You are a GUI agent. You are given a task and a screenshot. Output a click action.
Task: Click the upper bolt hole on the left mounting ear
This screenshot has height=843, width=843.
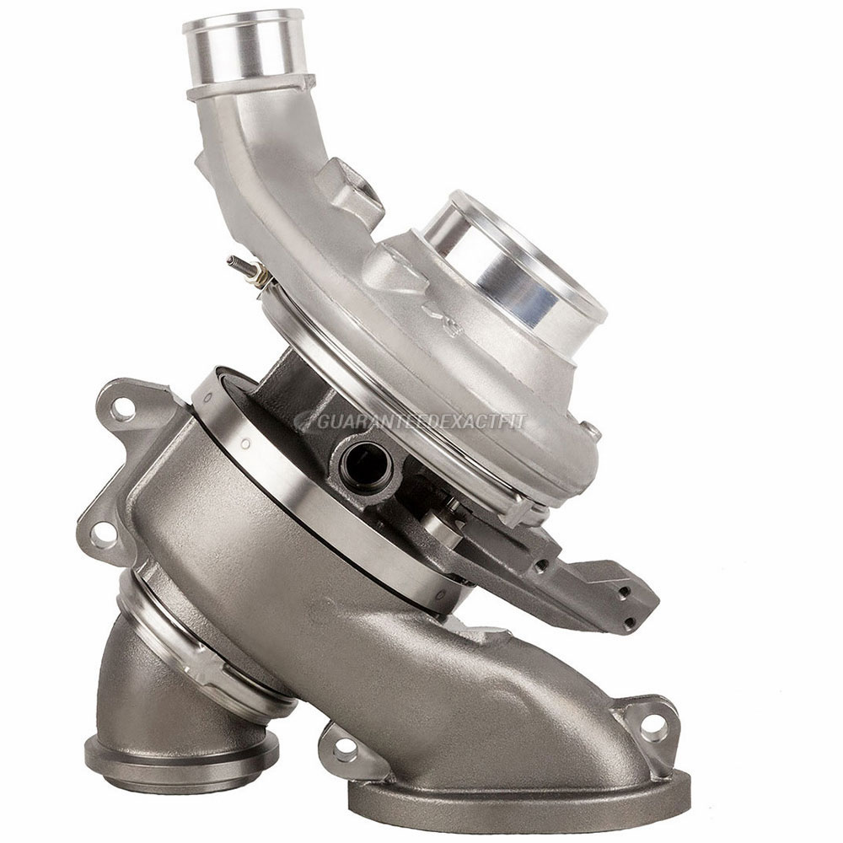(x=123, y=412)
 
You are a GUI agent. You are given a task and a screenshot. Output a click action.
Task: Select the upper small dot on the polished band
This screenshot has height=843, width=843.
(x=245, y=443)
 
